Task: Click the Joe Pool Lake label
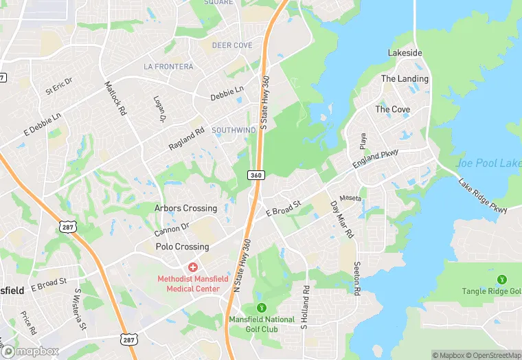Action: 488,164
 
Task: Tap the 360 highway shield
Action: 256,175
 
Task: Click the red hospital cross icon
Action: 193,266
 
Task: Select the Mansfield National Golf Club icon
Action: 261,307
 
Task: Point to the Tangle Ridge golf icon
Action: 502,279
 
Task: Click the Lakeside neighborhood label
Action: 405,53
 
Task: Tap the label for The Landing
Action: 405,79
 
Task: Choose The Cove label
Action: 392,109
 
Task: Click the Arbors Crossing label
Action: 185,208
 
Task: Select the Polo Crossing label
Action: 182,247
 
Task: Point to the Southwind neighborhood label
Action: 234,130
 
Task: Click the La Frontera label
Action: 168,67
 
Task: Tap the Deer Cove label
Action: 232,45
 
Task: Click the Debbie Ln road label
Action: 227,91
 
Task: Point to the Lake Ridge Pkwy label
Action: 482,196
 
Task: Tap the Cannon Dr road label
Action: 172,227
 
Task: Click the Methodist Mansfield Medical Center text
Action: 188,284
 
